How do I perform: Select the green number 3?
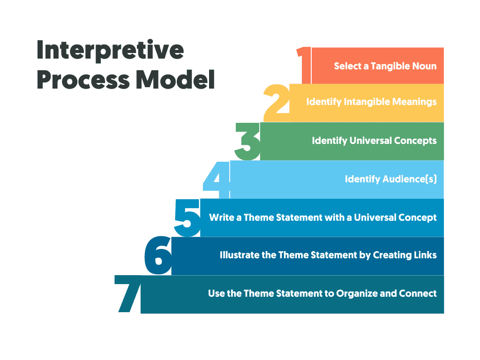pyautogui.click(x=247, y=141)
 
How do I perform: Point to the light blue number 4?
pyautogui.click(x=217, y=179)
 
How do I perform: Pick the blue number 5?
pyautogui.click(x=187, y=217)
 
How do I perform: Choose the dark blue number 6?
pyautogui.click(x=158, y=256)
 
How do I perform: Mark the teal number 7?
pyautogui.click(x=128, y=294)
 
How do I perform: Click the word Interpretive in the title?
pyautogui.click(x=110, y=50)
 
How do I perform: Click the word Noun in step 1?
pyautogui.click(x=425, y=66)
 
